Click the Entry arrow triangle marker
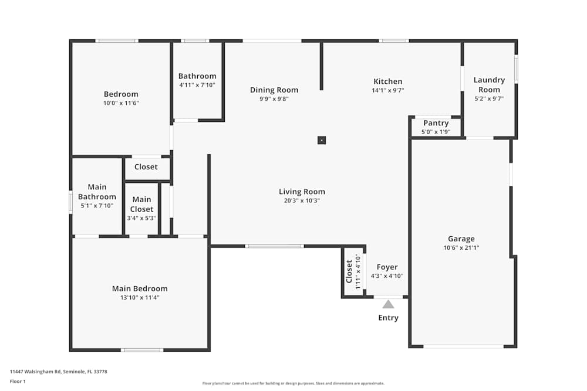pyautogui.click(x=388, y=304)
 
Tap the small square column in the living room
pyautogui.click(x=321, y=140)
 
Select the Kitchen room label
pyautogui.click(x=388, y=81)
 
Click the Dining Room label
pyautogui.click(x=274, y=90)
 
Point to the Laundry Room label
pyautogui.click(x=489, y=84)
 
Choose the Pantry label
pyautogui.click(x=436, y=123)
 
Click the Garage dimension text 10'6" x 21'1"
pyautogui.click(x=461, y=247)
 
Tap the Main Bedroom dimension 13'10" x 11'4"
pyautogui.click(x=140, y=297)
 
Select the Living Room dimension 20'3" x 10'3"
pyautogui.click(x=302, y=200)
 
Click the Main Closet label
pyautogui.click(x=141, y=204)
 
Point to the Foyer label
pyautogui.click(x=387, y=267)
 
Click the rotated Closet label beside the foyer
pyautogui.click(x=349, y=272)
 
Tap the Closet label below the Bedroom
pyautogui.click(x=146, y=166)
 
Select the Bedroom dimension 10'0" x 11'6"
pyautogui.click(x=121, y=103)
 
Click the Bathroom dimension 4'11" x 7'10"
pyautogui.click(x=197, y=85)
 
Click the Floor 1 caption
pyautogui.click(x=18, y=381)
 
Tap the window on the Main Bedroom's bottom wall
pyautogui.click(x=141, y=350)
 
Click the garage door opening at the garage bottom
pyautogui.click(x=463, y=346)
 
